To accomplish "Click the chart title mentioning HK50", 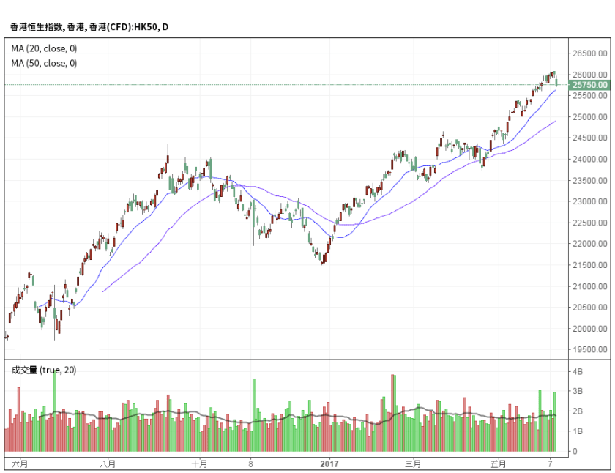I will [89, 27].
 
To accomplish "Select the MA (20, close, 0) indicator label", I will [44, 48].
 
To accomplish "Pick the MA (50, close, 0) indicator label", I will [44, 63].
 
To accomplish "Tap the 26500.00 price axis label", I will [590, 53].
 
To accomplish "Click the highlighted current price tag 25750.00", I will [590, 85].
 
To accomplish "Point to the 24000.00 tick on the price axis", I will [590, 159].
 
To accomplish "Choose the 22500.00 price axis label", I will [590, 223].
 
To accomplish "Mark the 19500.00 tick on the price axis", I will [590, 350].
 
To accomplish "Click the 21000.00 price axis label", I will [590, 286].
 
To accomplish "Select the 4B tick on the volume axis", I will [578, 372].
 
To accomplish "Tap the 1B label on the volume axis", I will [578, 432].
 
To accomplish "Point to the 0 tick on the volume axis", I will [576, 452].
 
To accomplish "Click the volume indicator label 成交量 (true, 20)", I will [44, 370].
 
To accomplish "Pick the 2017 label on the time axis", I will [329, 463].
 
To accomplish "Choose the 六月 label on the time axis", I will [20, 463].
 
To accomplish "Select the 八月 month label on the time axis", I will [108, 463].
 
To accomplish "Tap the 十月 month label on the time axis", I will [199, 463].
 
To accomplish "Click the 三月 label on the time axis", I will [414, 463].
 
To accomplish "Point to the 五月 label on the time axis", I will [499, 463].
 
